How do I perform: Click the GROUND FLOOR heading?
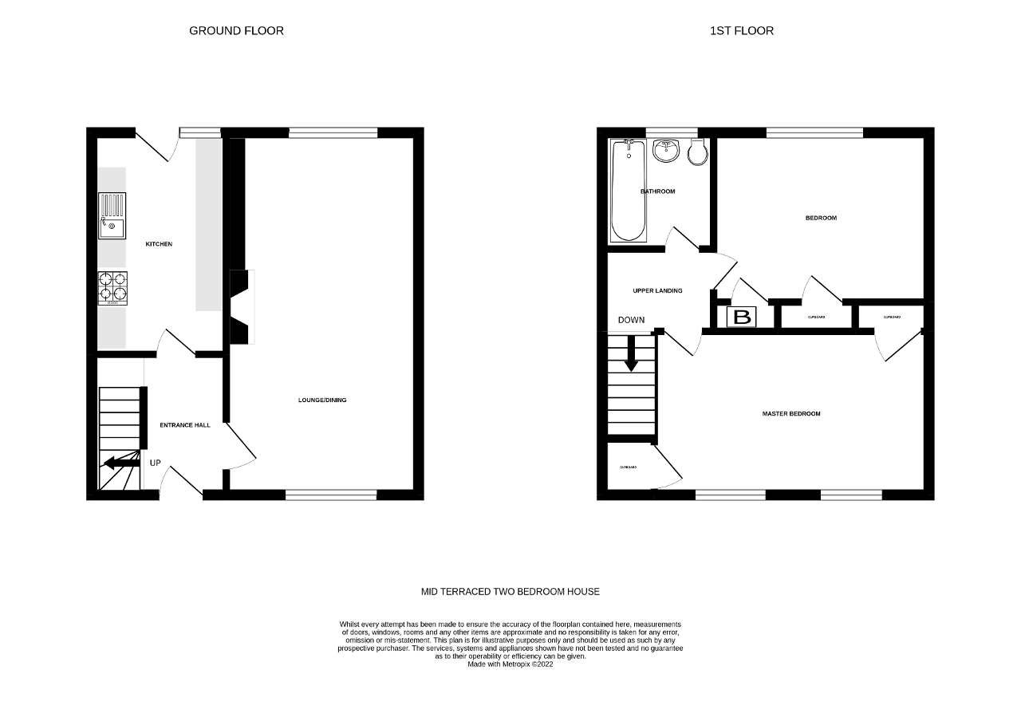point(236,31)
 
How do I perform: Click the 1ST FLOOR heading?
point(742,31)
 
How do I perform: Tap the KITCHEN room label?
point(158,244)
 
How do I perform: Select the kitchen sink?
point(112,215)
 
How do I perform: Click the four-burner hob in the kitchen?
point(112,288)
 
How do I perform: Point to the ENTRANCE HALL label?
point(185,425)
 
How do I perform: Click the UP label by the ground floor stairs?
point(155,463)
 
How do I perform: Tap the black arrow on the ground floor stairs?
point(119,462)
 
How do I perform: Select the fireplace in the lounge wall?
point(240,307)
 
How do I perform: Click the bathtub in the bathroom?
point(629,191)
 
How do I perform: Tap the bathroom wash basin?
point(664,150)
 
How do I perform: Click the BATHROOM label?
point(658,191)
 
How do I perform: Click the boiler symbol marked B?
point(742,317)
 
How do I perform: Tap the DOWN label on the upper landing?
point(631,320)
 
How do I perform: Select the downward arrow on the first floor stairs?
point(632,353)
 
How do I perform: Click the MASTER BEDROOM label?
point(791,414)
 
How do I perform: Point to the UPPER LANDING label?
point(657,291)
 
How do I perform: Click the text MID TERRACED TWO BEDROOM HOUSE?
point(510,592)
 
